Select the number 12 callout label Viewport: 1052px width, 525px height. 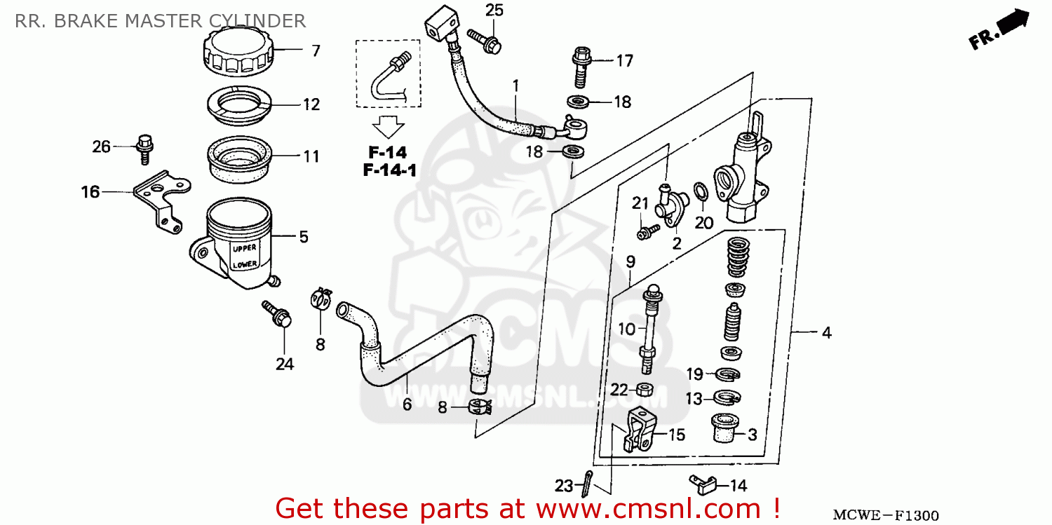tap(311, 105)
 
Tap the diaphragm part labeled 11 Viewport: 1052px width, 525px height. tap(239, 158)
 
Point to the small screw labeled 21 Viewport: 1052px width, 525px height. tap(648, 230)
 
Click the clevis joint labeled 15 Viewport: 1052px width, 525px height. tap(639, 430)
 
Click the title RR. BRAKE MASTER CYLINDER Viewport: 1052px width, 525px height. tap(160, 20)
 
